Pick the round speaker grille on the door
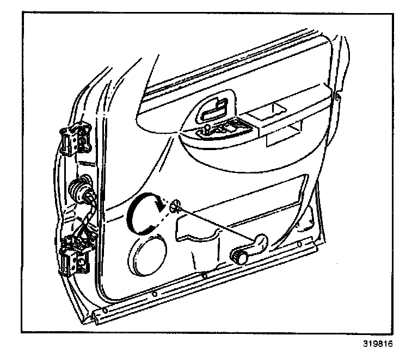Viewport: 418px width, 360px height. click(x=147, y=252)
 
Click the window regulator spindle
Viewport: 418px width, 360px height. click(x=175, y=206)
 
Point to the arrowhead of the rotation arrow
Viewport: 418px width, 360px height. click(x=160, y=206)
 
